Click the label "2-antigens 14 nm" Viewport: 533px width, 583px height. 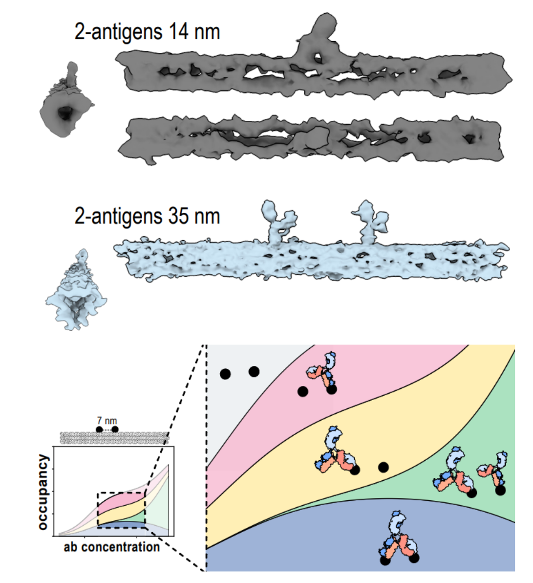147,32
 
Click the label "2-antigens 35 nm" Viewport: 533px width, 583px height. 147,216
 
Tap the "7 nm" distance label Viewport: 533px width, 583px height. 107,421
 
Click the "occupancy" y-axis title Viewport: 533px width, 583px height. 43,492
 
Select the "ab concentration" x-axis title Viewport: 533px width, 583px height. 111,546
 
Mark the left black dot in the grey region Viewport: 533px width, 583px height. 225,374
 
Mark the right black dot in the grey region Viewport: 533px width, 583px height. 254,372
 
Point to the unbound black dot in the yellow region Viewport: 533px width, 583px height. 384,468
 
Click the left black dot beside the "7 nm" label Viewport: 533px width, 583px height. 99,429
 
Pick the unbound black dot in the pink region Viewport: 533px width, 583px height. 302,391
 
